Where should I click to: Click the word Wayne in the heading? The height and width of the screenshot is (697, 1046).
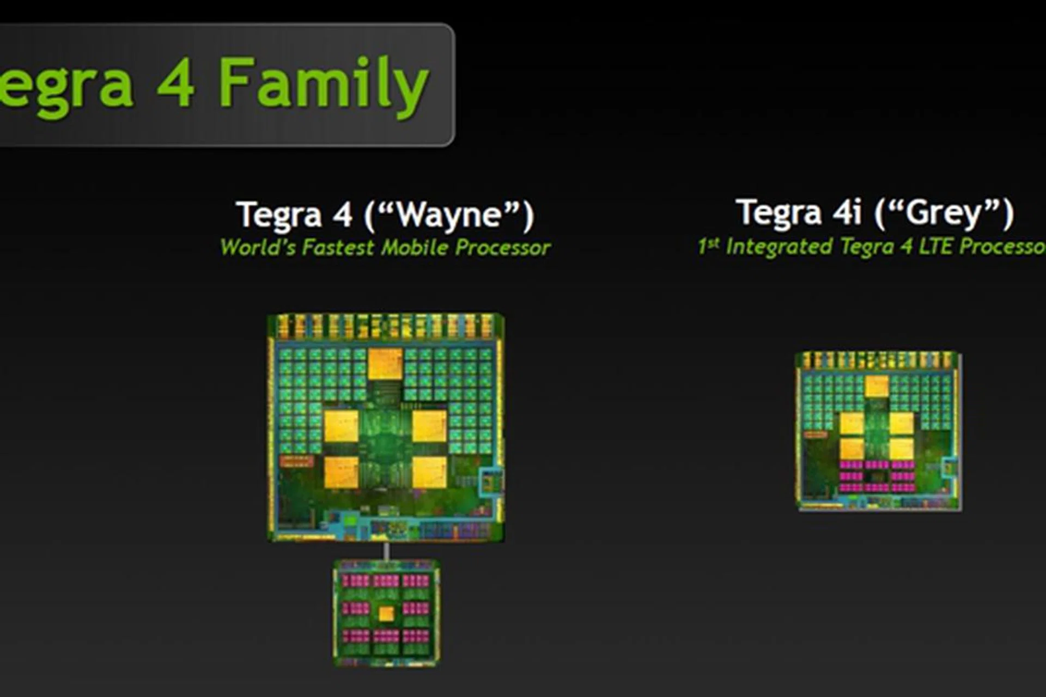pyautogui.click(x=449, y=215)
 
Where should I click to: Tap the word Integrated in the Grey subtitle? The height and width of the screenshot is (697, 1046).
pyautogui.click(x=780, y=247)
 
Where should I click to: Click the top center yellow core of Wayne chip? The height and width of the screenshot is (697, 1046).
pyautogui.click(x=385, y=364)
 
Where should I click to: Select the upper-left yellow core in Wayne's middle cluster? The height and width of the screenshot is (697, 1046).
pyautogui.click(x=341, y=426)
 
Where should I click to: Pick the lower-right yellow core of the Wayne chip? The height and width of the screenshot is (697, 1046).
pyautogui.click(x=429, y=472)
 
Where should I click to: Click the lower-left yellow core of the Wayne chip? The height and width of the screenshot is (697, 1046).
pyautogui.click(x=341, y=472)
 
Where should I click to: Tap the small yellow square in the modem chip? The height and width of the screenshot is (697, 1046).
pyautogui.click(x=386, y=614)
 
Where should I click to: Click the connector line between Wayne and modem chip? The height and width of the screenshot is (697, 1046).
pyautogui.click(x=386, y=551)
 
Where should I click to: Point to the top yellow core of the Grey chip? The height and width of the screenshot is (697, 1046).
pyautogui.click(x=877, y=387)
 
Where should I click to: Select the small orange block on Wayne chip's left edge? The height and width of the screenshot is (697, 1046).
pyautogui.click(x=296, y=462)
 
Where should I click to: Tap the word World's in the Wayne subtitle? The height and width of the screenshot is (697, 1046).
pyautogui.click(x=258, y=248)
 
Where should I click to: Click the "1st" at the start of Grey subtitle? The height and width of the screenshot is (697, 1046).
pyautogui.click(x=709, y=247)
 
